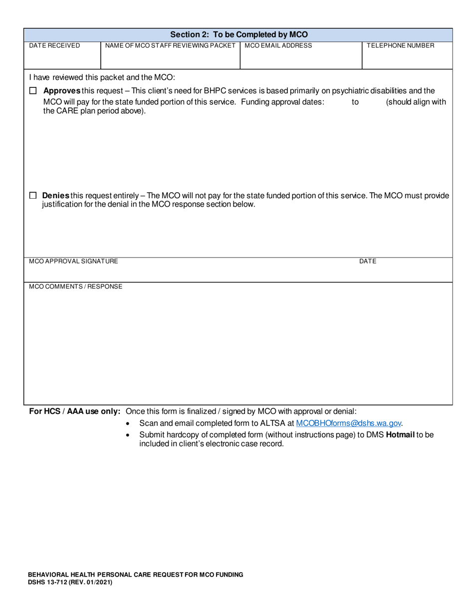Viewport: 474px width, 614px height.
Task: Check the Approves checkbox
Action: (x=33, y=91)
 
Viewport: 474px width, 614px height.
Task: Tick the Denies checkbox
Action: (x=33, y=196)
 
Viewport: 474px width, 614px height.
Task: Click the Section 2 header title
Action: (x=238, y=34)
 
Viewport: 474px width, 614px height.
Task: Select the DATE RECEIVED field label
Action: (x=54, y=45)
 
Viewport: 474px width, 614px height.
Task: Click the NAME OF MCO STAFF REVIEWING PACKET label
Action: (x=170, y=45)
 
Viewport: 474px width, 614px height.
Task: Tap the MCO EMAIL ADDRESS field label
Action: (x=278, y=45)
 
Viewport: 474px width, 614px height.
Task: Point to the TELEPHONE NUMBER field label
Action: (x=400, y=45)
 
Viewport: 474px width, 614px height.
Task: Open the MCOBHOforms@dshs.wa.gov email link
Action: (x=348, y=423)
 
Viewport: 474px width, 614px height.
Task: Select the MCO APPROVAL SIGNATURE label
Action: (x=73, y=261)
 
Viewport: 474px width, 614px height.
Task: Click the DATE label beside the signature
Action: (x=367, y=261)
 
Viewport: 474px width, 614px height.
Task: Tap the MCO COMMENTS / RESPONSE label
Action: (x=75, y=287)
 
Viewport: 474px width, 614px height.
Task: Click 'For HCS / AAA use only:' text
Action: (x=75, y=411)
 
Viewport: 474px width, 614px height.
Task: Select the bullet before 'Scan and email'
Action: (x=128, y=424)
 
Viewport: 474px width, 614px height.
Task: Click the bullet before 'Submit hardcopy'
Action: (x=128, y=435)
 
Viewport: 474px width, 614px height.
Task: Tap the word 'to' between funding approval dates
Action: (x=355, y=102)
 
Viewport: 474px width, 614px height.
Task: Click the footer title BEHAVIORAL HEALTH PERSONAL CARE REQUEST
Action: (x=135, y=575)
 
